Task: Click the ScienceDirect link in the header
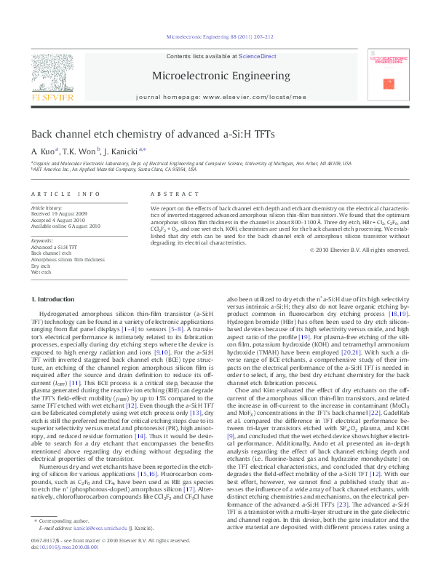[x=258, y=56]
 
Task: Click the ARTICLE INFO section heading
[x=65, y=194]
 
